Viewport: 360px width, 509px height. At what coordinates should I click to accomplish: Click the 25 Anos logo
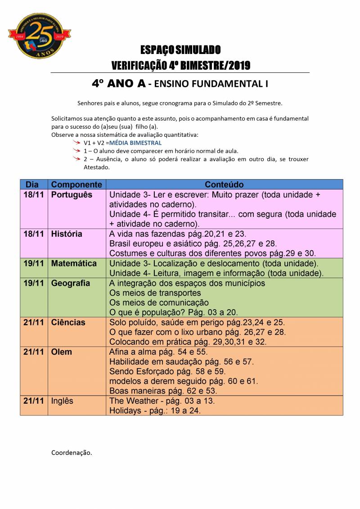(40, 36)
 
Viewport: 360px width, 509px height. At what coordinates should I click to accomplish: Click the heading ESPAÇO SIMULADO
(180, 50)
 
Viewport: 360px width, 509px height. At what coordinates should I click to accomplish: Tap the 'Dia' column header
(32, 185)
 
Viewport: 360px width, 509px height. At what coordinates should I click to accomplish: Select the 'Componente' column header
(76, 185)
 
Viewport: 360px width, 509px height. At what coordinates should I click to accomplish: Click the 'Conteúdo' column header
(224, 185)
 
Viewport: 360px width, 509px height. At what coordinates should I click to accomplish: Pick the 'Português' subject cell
(72, 195)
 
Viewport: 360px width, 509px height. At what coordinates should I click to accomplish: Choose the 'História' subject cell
(67, 234)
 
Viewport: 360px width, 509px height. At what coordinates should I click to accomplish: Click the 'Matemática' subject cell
(74, 263)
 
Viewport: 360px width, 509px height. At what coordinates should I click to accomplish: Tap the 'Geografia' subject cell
(71, 283)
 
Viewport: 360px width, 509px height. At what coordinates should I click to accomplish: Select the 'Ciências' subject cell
(68, 322)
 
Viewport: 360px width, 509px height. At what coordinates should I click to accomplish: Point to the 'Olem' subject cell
(62, 352)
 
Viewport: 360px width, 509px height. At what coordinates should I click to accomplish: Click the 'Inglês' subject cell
(62, 401)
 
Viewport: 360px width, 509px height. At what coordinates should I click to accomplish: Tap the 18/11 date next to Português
(34, 195)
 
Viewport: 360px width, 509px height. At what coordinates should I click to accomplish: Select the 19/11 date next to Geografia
(34, 283)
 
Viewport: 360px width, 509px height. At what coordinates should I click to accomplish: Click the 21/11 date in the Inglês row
(34, 401)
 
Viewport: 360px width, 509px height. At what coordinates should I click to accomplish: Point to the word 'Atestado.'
(97, 167)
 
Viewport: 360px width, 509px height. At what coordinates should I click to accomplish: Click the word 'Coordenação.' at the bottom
(72, 453)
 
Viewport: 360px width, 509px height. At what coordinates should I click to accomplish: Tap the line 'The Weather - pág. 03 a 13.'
(162, 401)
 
